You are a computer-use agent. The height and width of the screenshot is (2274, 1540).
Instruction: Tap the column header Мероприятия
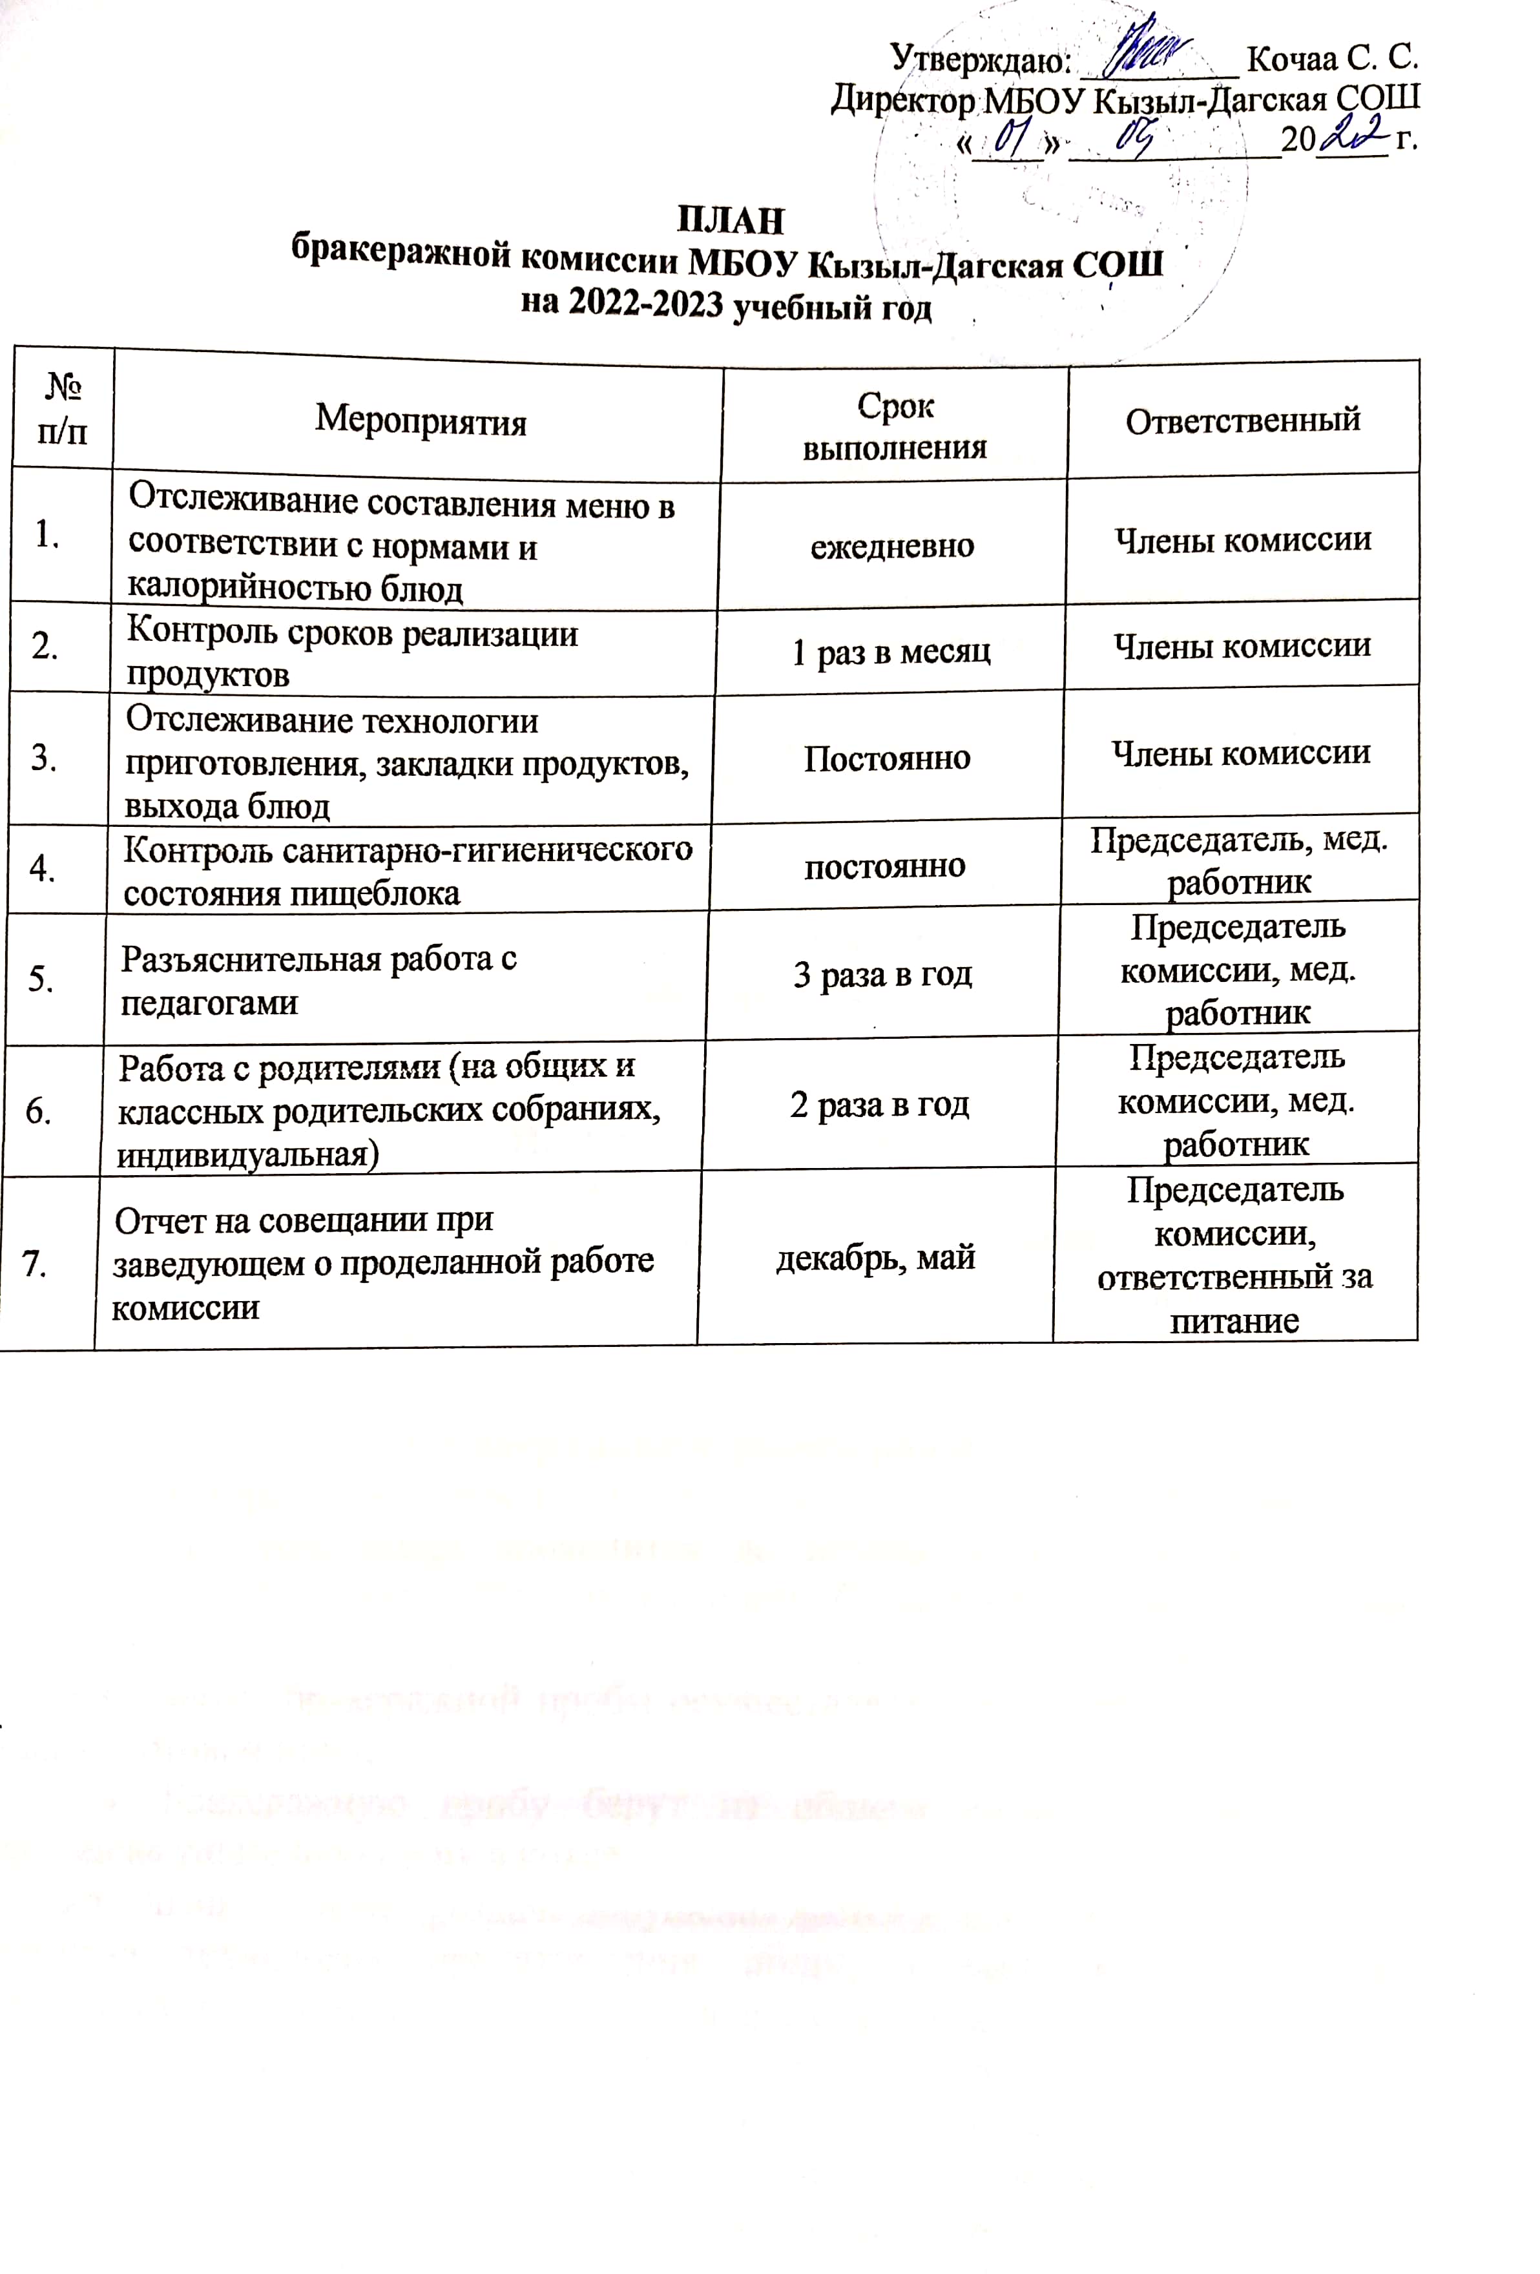(x=421, y=421)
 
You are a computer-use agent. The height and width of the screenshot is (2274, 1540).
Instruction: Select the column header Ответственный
(x=1243, y=420)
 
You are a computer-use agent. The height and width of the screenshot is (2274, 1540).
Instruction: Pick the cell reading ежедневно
(x=891, y=545)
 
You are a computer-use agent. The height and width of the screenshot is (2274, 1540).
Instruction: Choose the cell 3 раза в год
(x=882, y=975)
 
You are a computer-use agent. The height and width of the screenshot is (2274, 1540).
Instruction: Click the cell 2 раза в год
(x=880, y=1105)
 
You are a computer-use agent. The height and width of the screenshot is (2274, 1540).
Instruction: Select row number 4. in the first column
(x=42, y=868)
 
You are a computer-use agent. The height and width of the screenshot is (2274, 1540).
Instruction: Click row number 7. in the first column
(x=36, y=1264)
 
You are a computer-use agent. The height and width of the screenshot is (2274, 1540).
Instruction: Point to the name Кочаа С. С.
(x=1333, y=59)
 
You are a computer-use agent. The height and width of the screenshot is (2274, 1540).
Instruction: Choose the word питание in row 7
(x=1234, y=1321)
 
